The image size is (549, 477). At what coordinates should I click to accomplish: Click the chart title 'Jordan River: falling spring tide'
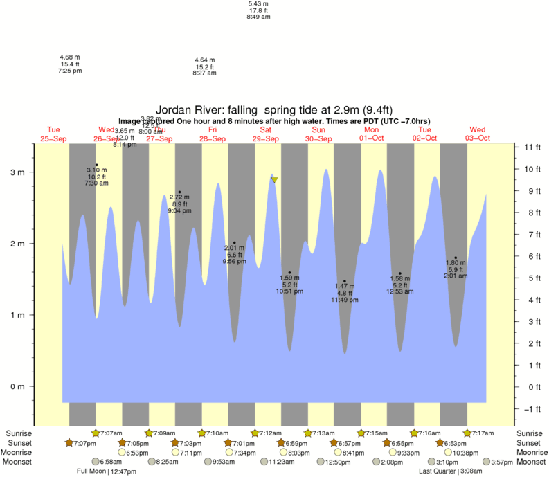274,109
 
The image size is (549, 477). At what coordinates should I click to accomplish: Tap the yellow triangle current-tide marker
275,180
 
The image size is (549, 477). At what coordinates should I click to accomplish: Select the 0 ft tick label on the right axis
531,387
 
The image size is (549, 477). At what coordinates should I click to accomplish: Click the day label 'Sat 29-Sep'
266,134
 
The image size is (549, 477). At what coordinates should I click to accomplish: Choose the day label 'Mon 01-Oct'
372,134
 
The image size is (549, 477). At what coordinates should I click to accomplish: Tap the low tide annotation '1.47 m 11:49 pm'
344,293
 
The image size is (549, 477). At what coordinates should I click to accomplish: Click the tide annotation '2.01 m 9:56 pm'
234,254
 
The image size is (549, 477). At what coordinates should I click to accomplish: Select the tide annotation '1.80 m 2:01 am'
455,269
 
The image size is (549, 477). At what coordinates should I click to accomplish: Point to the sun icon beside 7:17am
467,433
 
